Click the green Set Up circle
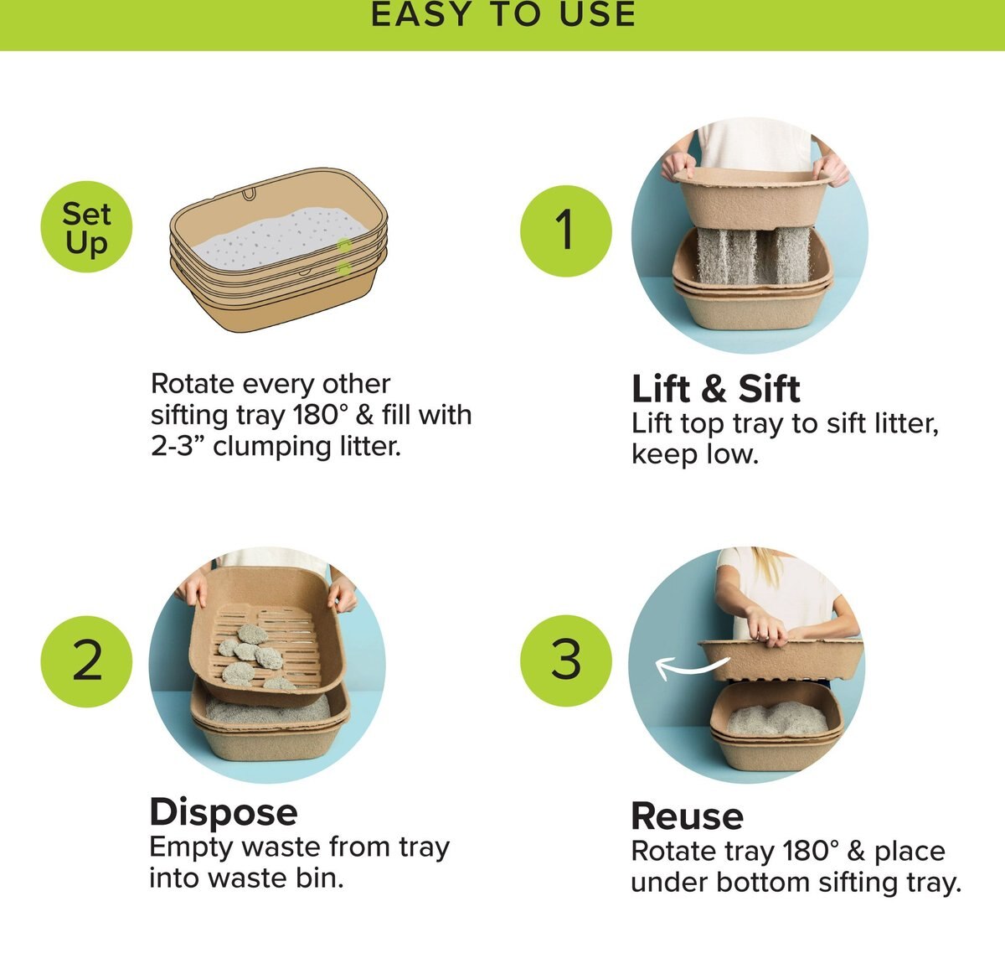[86, 228]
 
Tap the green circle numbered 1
[566, 230]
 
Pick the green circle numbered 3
[566, 660]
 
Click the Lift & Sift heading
[715, 389]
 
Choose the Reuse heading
[687, 816]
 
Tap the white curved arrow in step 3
[691, 667]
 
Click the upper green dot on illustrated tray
[343, 245]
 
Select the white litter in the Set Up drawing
[276, 239]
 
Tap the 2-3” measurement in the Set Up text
[178, 446]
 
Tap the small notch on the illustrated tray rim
[249, 194]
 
